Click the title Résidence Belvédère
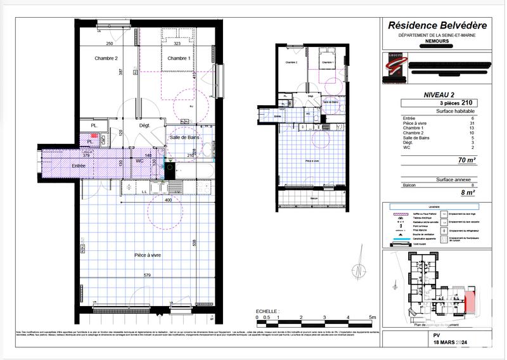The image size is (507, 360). pos(437,25)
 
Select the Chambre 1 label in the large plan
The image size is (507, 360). pos(179,58)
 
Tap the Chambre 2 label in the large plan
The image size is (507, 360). pos(106,58)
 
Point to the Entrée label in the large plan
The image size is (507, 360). pos(61,165)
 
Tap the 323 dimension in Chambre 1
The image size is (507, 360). pos(177,44)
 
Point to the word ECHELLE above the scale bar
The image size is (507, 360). pos(266,311)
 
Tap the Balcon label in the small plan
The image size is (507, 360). pos(313,198)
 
